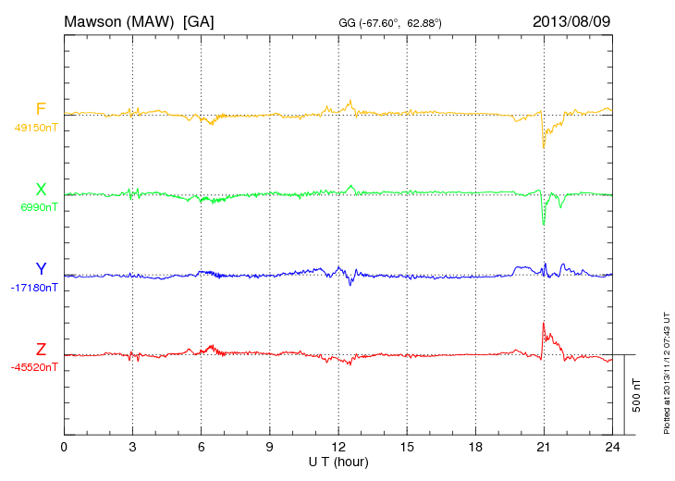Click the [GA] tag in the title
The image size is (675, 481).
point(199,20)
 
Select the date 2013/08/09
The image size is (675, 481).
point(571,20)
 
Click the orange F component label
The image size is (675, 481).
point(41,110)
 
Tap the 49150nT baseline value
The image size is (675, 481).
point(35,128)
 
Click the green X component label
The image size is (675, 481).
point(41,191)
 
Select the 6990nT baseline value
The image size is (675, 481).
point(38,208)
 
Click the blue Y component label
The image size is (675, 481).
point(41,270)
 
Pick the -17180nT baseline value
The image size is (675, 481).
point(35,288)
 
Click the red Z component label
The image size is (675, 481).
point(41,350)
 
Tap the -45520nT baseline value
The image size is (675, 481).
point(35,367)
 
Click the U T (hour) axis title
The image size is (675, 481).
point(338,461)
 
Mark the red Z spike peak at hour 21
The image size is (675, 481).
point(544,323)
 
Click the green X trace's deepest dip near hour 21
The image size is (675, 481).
point(544,225)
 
